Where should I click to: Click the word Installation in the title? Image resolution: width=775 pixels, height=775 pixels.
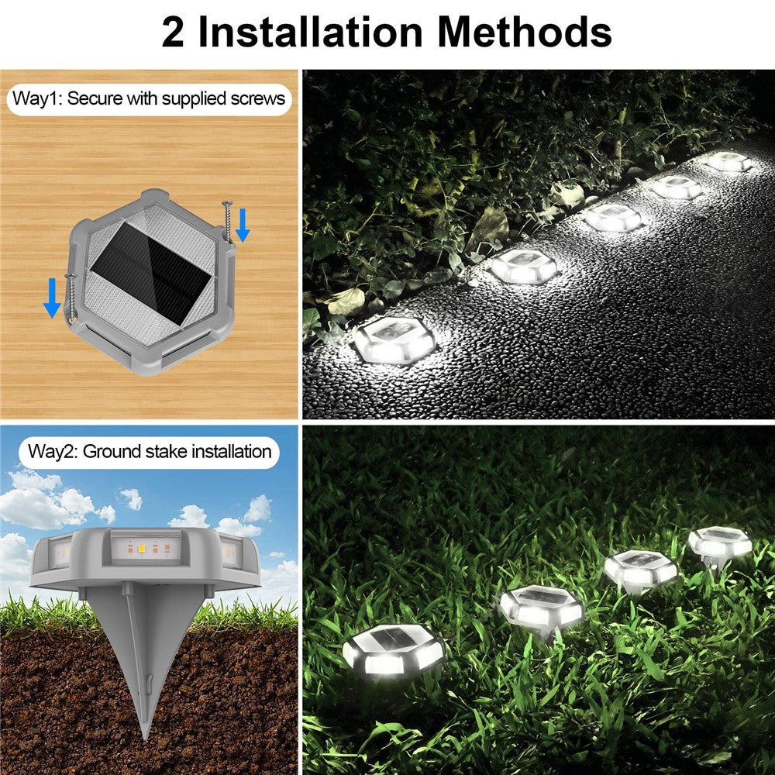(x=311, y=33)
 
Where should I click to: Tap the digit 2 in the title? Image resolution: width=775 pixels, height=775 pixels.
(x=173, y=33)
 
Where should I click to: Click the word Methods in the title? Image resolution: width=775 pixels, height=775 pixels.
(x=525, y=33)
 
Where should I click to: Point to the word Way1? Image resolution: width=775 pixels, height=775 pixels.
(x=37, y=98)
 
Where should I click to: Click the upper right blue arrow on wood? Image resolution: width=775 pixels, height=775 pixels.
(x=242, y=226)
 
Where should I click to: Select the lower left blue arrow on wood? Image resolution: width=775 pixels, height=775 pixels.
(x=52, y=298)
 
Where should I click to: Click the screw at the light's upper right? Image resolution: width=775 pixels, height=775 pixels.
(x=228, y=220)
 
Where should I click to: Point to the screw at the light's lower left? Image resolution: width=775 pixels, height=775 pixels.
(x=71, y=298)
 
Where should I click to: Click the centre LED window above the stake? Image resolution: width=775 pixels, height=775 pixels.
(x=146, y=548)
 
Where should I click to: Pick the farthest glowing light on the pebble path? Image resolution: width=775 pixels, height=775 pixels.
(x=729, y=161)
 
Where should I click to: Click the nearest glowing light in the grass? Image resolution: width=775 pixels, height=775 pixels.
(x=394, y=649)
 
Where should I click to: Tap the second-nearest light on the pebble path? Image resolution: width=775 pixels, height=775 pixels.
(x=524, y=266)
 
